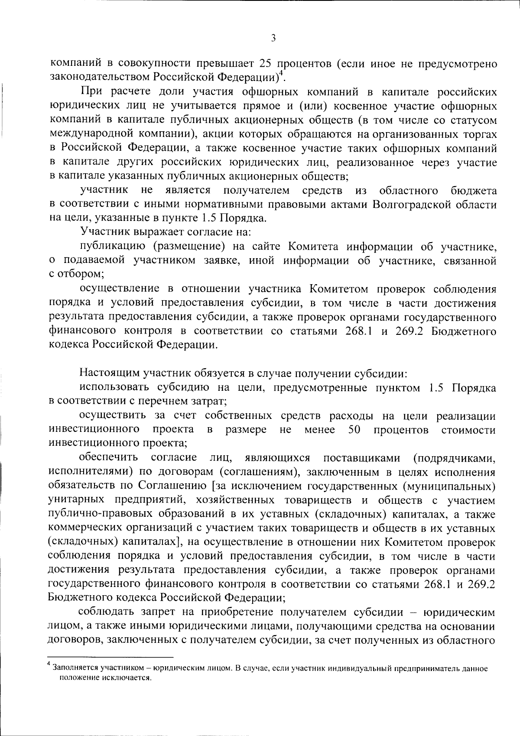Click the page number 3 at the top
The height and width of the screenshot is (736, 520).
click(x=273, y=38)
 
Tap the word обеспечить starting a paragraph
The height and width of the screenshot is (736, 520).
click(x=108, y=457)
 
